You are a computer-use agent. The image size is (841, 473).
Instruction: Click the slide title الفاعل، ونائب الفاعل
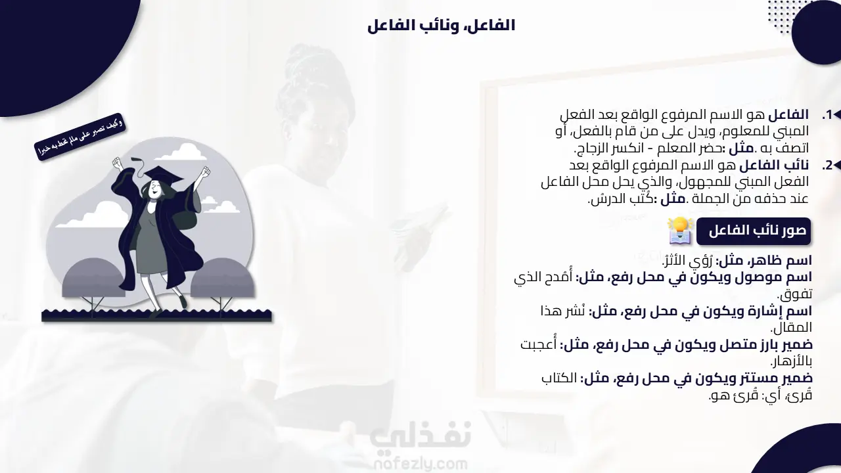[441, 26]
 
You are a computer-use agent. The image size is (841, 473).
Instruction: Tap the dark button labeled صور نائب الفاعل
[754, 231]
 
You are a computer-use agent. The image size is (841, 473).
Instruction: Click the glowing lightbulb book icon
[680, 231]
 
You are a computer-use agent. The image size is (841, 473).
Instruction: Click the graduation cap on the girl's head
[162, 174]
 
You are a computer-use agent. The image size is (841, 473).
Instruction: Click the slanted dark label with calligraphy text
[80, 137]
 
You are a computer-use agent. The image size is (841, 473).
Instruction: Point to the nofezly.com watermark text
[420, 464]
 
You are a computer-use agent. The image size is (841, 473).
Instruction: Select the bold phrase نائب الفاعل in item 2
[774, 165]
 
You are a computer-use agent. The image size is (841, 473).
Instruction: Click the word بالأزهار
[792, 361]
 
